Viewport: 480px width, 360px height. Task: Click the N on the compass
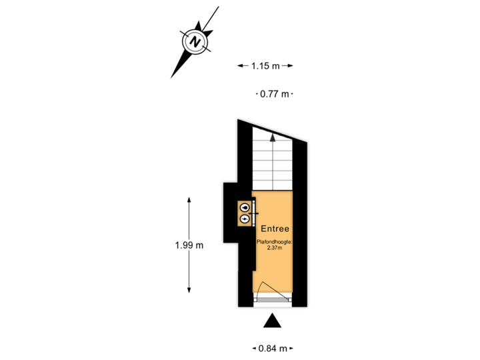[x=195, y=41]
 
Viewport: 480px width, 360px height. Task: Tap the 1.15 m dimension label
[x=265, y=65]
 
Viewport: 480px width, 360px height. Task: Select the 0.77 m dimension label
[x=275, y=94]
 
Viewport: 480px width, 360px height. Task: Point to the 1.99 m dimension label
[x=189, y=245]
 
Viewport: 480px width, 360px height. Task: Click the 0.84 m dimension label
[x=273, y=348]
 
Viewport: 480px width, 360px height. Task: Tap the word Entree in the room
[x=275, y=229]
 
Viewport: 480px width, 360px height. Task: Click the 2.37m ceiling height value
[x=275, y=249]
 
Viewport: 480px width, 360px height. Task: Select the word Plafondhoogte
[x=275, y=242]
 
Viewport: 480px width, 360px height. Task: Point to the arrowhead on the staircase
[x=273, y=138]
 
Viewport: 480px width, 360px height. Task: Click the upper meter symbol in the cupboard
[x=245, y=208]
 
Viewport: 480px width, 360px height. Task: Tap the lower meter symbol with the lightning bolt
[x=245, y=219]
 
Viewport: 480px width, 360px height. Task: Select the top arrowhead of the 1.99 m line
[x=189, y=199]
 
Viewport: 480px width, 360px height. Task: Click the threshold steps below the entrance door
[x=272, y=301]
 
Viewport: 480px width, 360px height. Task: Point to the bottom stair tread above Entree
[x=272, y=187]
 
